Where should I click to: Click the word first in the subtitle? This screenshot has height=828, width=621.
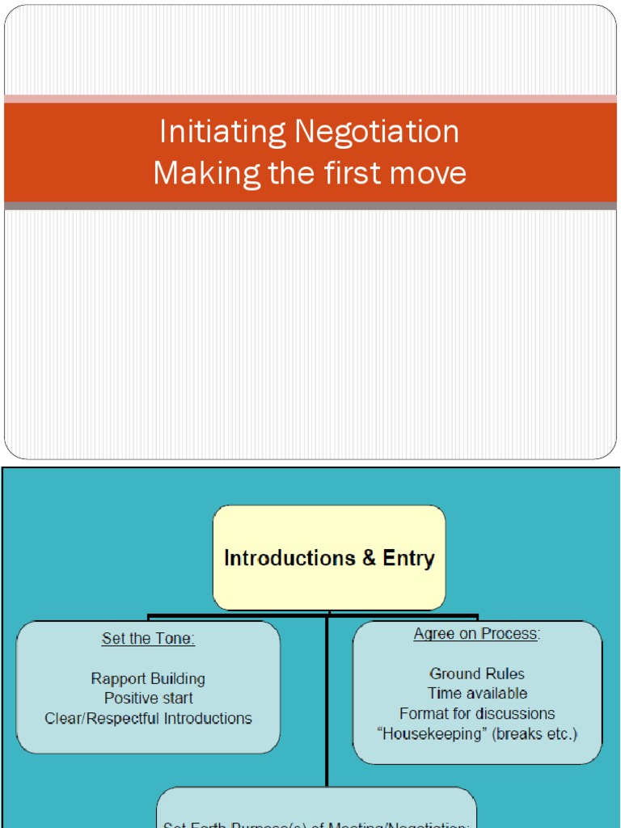pos(353,173)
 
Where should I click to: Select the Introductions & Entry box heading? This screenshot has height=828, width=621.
pos(329,558)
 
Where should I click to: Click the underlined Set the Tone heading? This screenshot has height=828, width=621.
pos(148,639)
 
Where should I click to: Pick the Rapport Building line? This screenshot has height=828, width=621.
pos(148,678)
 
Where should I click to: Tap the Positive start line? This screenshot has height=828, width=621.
pos(148,698)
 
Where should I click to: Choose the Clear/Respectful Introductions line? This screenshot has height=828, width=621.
pos(148,718)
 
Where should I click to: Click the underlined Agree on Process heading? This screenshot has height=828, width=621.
pos(476,634)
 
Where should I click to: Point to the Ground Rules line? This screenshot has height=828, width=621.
pos(476,674)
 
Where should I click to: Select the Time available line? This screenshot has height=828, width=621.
pos(477,693)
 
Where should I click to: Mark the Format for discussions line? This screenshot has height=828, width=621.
pos(477,713)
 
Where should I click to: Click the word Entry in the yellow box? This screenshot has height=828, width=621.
pos(411,558)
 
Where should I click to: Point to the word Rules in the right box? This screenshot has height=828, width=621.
pos(503,674)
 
